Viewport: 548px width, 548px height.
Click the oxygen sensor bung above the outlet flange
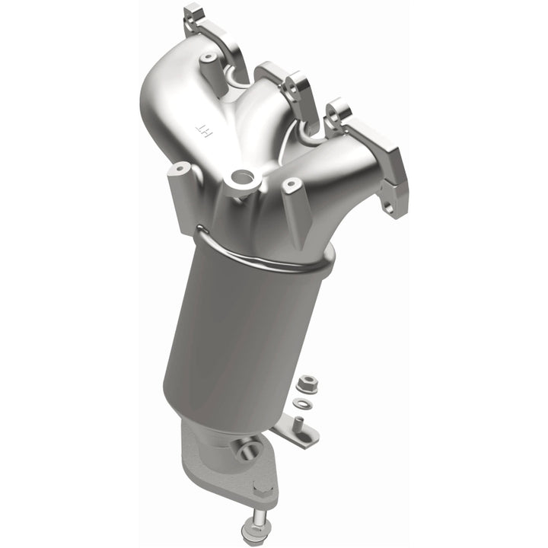pos(248,450)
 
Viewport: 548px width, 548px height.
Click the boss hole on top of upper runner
pos(207,57)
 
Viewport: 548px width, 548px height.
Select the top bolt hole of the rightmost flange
pos(339,113)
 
